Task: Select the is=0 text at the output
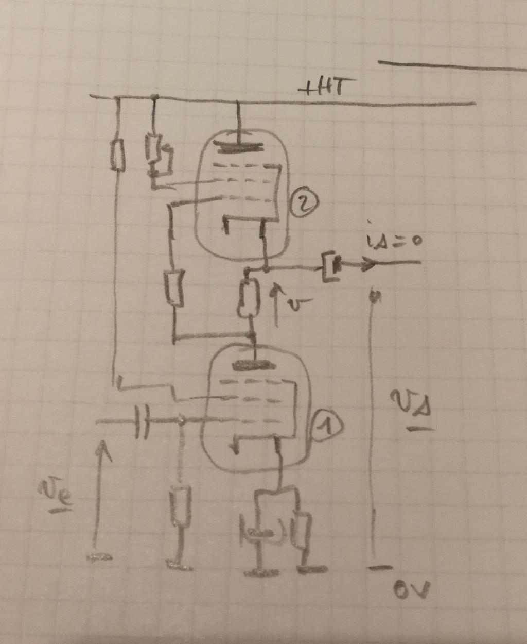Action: point(392,240)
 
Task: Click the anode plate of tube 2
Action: point(238,147)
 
